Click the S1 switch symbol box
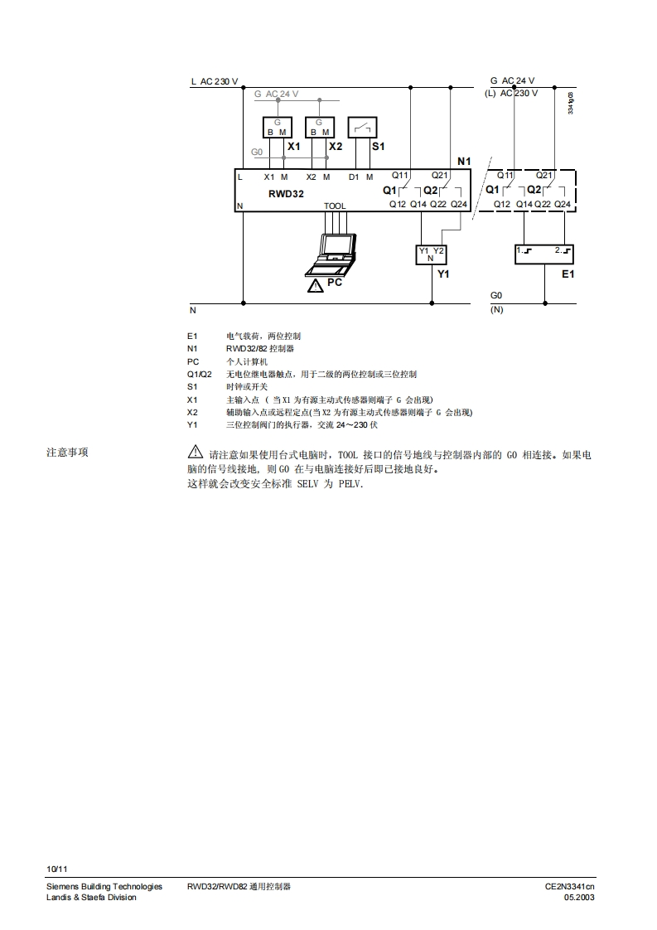pos(363,127)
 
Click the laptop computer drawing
pos(334,254)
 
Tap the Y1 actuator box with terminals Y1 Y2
pos(431,254)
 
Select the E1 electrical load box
pos(543,254)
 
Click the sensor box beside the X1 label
pos(278,127)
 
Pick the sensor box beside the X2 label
pos(319,127)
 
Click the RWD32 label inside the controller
pos(286,193)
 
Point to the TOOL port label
pos(335,206)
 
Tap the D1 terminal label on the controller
pos(354,177)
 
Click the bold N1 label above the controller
pos(464,160)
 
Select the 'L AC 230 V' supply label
pos(215,82)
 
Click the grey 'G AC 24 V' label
pos(277,94)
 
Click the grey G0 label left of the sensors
pos(257,153)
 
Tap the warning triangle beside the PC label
pos(315,286)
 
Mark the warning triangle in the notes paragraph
pos(196,453)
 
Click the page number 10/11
pos(57,869)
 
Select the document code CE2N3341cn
pos(569,887)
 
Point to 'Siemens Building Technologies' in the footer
pos(104,887)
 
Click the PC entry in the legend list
pos(193,361)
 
